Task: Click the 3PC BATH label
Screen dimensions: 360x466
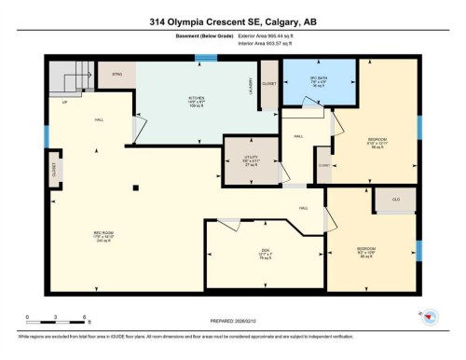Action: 318,77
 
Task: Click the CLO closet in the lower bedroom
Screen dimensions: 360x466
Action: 395,199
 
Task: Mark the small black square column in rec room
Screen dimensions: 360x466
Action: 136,187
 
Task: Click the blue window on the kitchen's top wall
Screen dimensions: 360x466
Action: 200,58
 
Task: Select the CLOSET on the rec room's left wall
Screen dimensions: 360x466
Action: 53,172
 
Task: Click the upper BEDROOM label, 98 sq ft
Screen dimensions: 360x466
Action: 374,145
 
